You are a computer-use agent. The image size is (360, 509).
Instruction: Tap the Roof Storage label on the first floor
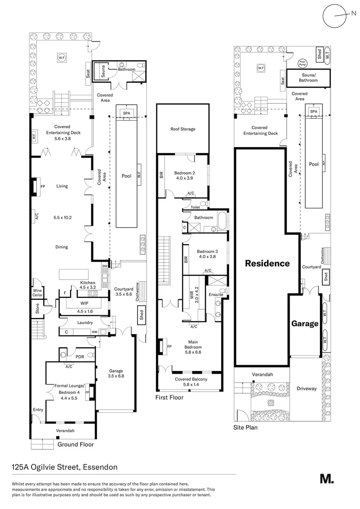pyautogui.click(x=182, y=129)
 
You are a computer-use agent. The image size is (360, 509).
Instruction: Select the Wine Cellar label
pyautogui.click(x=38, y=293)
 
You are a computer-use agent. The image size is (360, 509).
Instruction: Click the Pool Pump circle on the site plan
pyautogui.click(x=303, y=63)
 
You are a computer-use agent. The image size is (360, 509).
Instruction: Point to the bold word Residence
pyautogui.click(x=267, y=263)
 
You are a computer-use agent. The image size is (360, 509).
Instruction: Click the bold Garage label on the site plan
pyautogui.click(x=304, y=324)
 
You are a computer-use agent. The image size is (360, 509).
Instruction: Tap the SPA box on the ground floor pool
pyautogui.click(x=126, y=113)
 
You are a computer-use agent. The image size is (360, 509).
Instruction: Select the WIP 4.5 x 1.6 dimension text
pyautogui.click(x=85, y=311)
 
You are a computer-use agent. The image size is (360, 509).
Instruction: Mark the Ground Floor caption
pyautogui.click(x=75, y=444)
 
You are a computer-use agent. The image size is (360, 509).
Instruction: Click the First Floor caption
pyautogui.click(x=170, y=398)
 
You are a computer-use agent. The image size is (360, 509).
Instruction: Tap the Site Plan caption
pyautogui.click(x=245, y=428)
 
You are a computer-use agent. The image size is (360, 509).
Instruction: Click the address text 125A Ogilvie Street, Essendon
pyautogui.click(x=65, y=467)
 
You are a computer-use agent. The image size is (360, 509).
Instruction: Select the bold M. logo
pyautogui.click(x=327, y=479)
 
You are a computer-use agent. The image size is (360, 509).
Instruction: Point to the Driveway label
pyautogui.click(x=306, y=389)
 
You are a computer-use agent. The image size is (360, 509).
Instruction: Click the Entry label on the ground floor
pyautogui.click(x=38, y=410)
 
